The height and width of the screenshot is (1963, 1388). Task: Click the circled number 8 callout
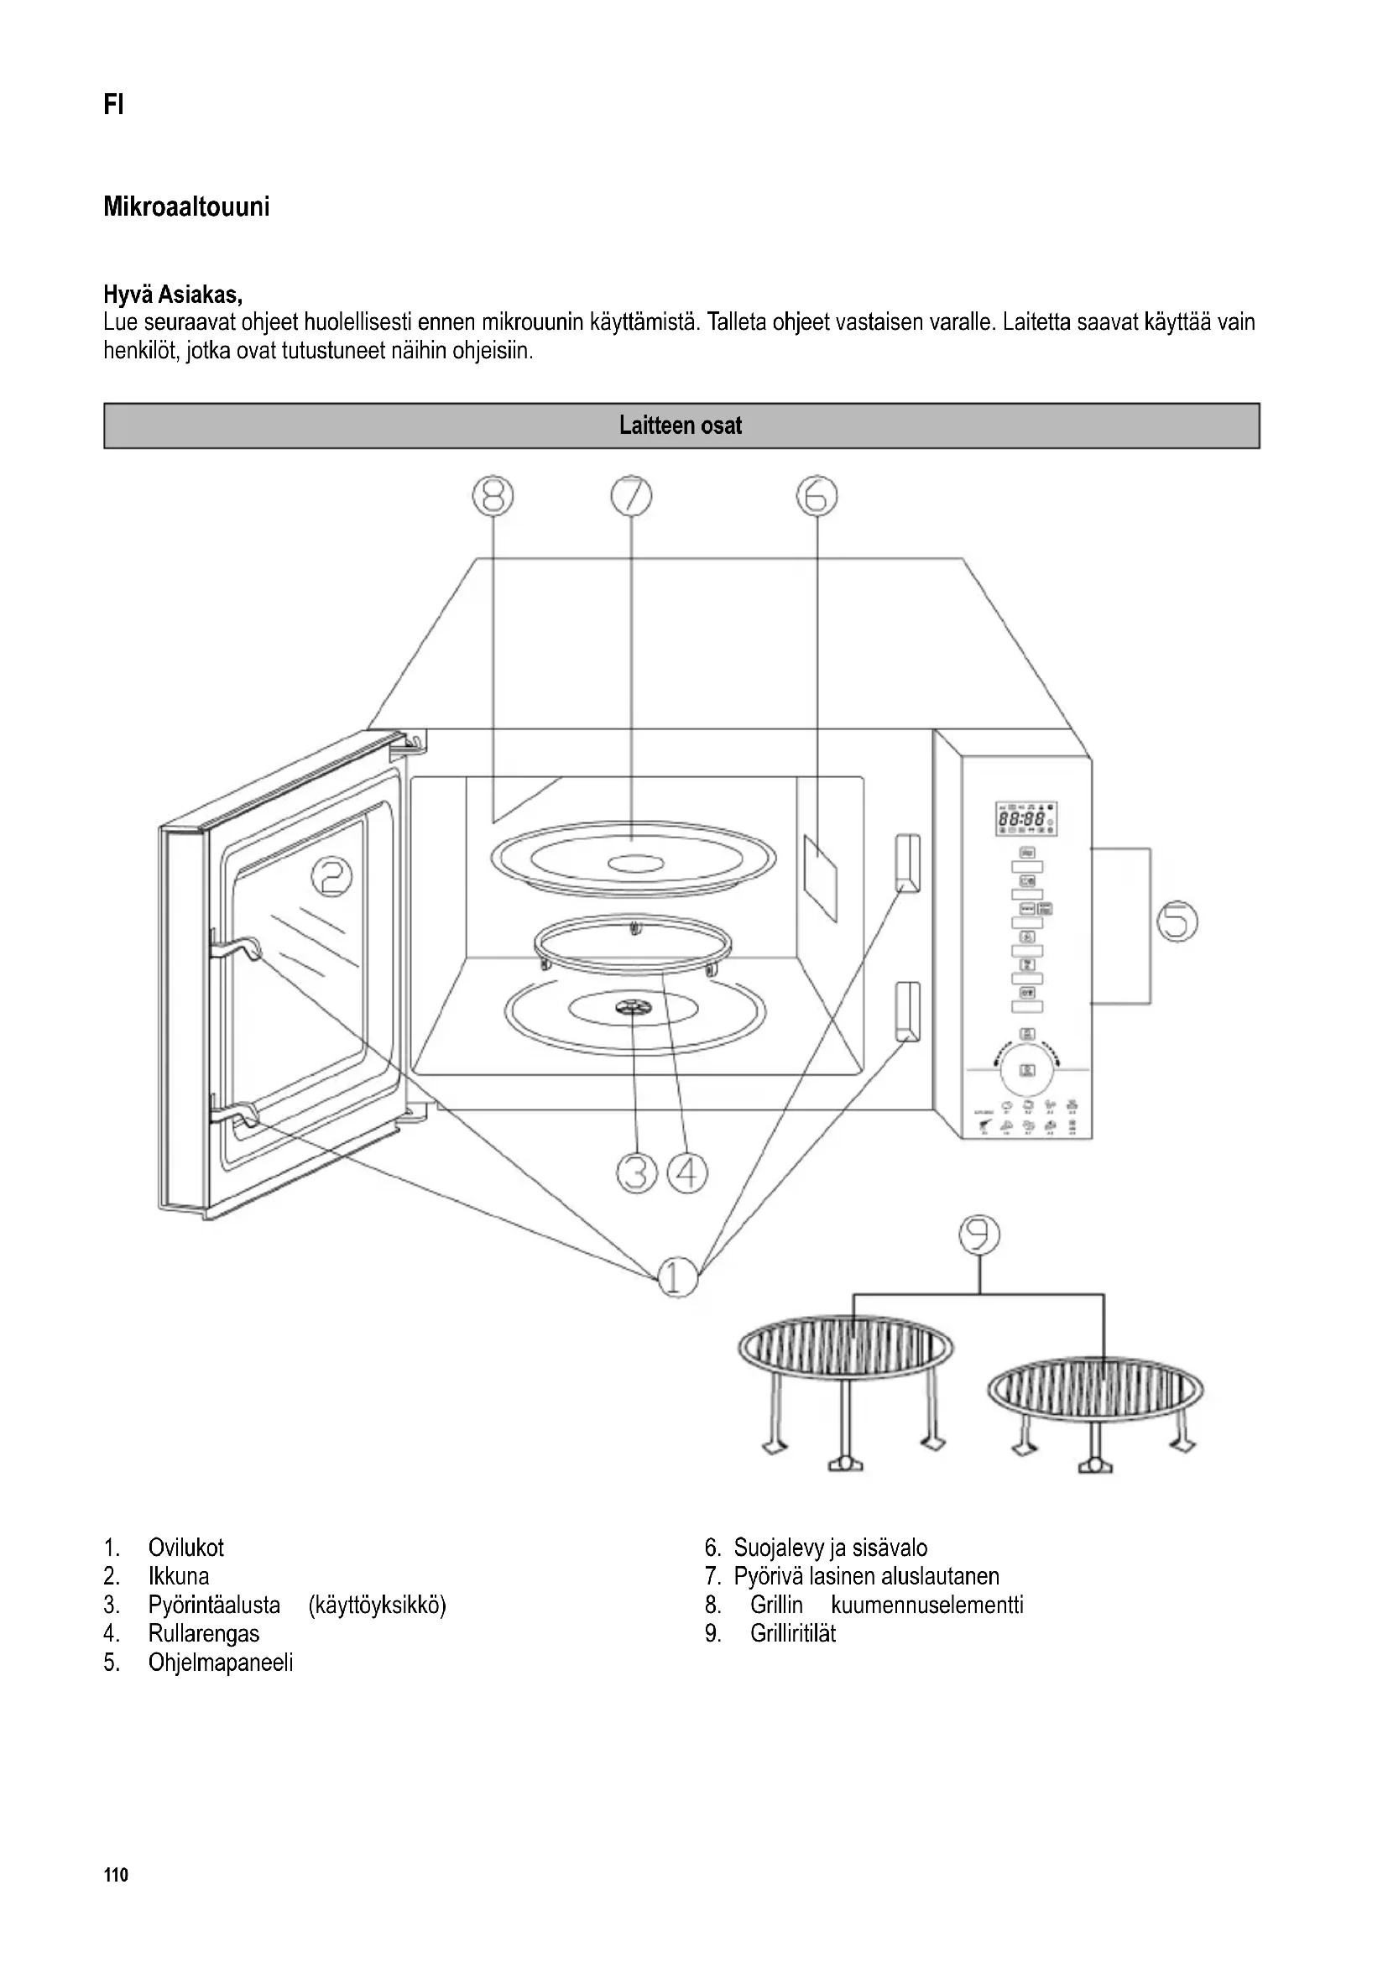(493, 496)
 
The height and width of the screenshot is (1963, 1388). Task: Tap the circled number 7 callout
(631, 496)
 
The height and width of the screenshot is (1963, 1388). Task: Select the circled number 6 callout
(817, 496)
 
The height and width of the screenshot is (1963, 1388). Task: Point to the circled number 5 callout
(1177, 921)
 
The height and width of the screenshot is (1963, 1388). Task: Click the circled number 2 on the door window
(331, 878)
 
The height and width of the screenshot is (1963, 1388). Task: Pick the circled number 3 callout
(637, 1173)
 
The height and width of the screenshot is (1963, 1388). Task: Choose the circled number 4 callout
(687, 1173)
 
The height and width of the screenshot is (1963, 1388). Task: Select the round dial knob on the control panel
(1028, 1069)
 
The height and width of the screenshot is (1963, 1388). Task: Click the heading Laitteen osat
(681, 425)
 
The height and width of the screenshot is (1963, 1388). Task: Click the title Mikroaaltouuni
(186, 207)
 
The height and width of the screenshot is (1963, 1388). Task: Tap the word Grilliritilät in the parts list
(792, 1633)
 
